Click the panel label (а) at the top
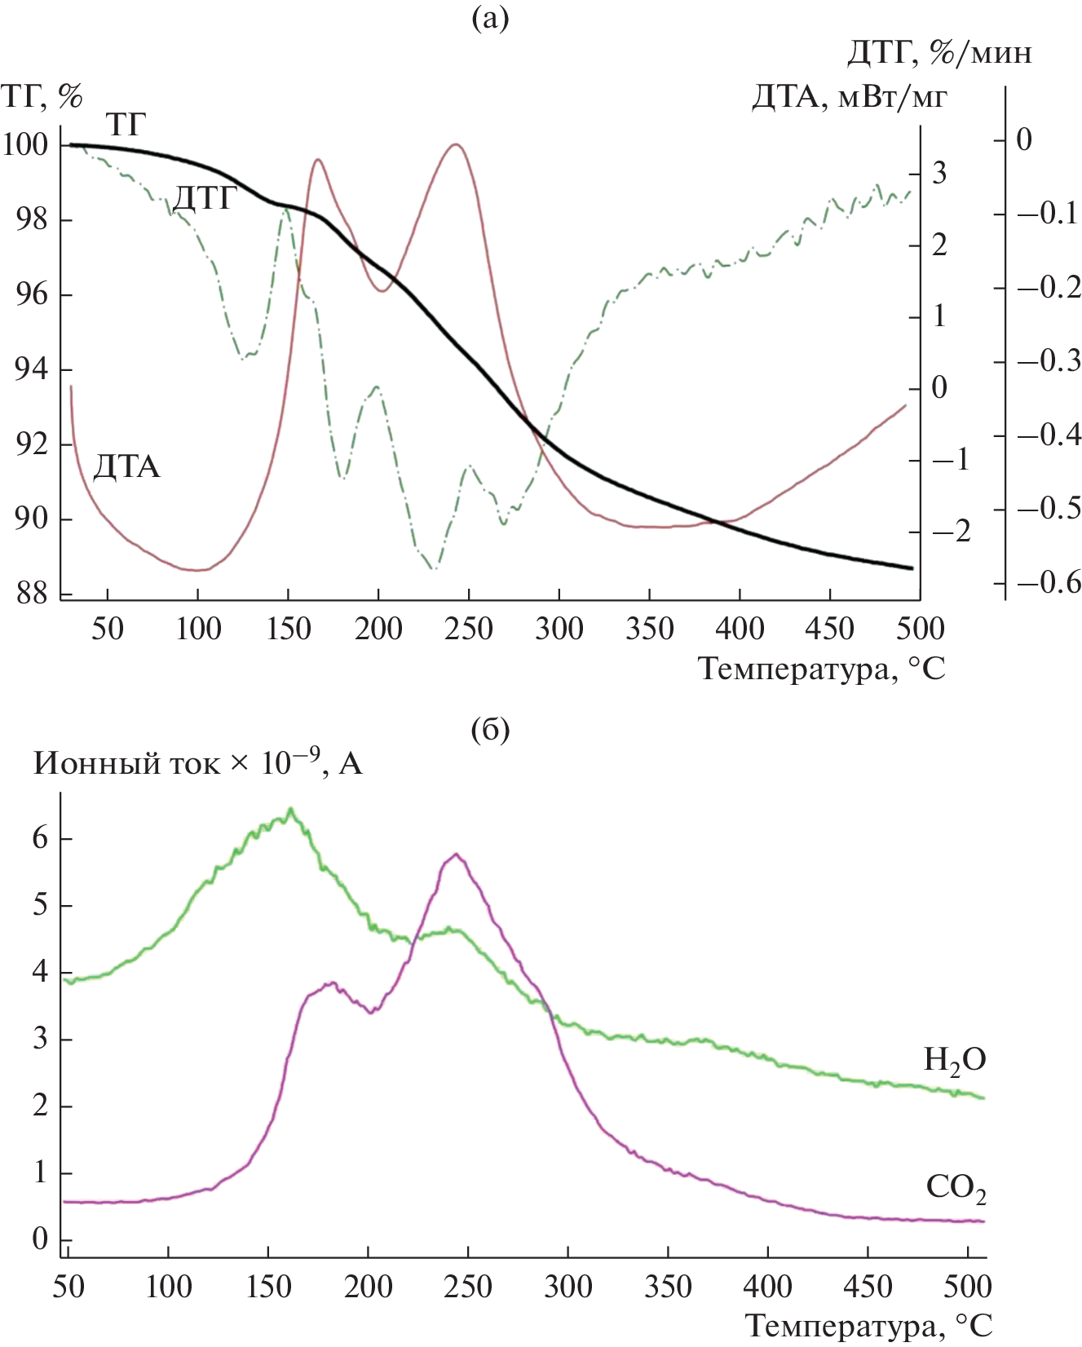click(490, 18)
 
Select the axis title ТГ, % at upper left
click(42, 96)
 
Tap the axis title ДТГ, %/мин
click(938, 53)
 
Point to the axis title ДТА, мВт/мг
click(849, 97)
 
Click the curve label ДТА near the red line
click(126, 467)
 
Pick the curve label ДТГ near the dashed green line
click(205, 198)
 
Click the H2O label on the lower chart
click(954, 1060)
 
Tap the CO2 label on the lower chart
click(956, 1188)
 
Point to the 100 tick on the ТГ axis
click(25, 145)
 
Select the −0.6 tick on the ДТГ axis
click(1049, 582)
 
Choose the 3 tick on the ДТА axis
click(939, 173)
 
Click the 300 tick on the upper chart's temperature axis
click(559, 629)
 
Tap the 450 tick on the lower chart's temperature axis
click(868, 1287)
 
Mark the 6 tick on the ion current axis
click(41, 838)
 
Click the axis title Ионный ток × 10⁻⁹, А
click(197, 764)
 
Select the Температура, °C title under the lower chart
click(869, 1326)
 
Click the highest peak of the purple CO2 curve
click(456, 855)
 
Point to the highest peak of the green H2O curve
click(290, 810)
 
